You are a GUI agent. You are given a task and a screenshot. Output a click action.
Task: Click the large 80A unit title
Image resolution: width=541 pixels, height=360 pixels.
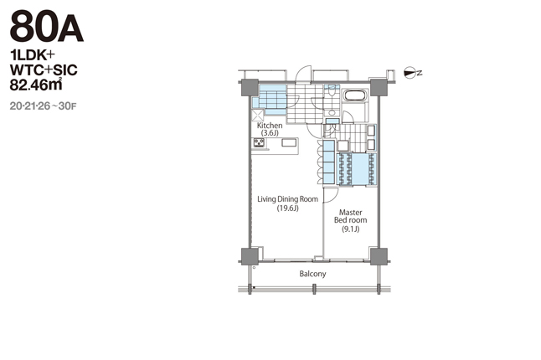[47, 26]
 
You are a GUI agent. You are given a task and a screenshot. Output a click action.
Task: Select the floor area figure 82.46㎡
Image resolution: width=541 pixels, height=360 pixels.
[36, 85]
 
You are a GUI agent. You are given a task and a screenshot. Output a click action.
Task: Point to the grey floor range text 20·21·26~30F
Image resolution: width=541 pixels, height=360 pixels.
[43, 106]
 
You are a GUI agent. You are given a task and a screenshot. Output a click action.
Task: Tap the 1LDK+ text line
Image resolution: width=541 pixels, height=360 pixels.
[33, 55]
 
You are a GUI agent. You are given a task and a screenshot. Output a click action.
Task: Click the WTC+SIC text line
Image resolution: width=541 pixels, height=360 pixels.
[44, 70]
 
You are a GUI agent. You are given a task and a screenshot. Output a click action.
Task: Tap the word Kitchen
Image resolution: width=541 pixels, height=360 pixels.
[270, 126]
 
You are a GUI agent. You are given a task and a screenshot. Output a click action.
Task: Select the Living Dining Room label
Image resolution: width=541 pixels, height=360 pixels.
[288, 199]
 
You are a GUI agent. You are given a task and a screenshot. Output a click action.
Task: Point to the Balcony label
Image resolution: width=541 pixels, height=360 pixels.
[312, 274]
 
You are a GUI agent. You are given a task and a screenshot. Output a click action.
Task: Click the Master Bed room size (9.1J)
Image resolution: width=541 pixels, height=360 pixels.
[351, 229]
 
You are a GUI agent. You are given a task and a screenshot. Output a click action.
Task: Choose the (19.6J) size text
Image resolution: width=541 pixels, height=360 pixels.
[288, 208]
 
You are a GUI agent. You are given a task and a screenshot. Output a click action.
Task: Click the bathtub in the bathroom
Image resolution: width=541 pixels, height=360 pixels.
[355, 95]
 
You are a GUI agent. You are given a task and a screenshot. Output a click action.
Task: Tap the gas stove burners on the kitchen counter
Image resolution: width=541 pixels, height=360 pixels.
[259, 142]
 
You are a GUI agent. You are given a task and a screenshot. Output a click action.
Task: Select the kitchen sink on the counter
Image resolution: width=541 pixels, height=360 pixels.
[289, 142]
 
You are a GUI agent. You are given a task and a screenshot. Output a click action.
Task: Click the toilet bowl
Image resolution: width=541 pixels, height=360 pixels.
[332, 91]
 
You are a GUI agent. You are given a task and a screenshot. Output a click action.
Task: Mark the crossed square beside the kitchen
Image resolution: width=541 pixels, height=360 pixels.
[258, 115]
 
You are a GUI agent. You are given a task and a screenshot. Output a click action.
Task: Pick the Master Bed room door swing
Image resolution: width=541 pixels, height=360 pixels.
[332, 196]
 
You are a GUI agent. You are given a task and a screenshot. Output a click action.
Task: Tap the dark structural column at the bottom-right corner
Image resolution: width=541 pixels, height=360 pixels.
[379, 256]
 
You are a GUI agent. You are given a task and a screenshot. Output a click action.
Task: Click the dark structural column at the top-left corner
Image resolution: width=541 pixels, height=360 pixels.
[250, 88]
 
